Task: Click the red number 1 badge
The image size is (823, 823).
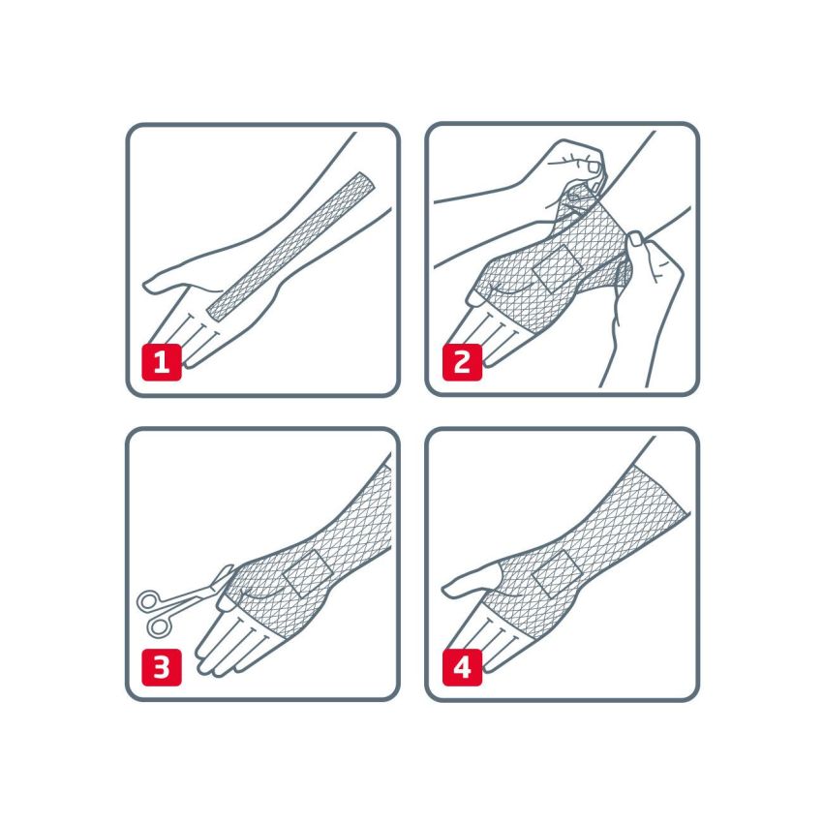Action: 162,363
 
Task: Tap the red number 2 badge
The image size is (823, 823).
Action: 462,363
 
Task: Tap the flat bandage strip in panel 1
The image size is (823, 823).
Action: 290,247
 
